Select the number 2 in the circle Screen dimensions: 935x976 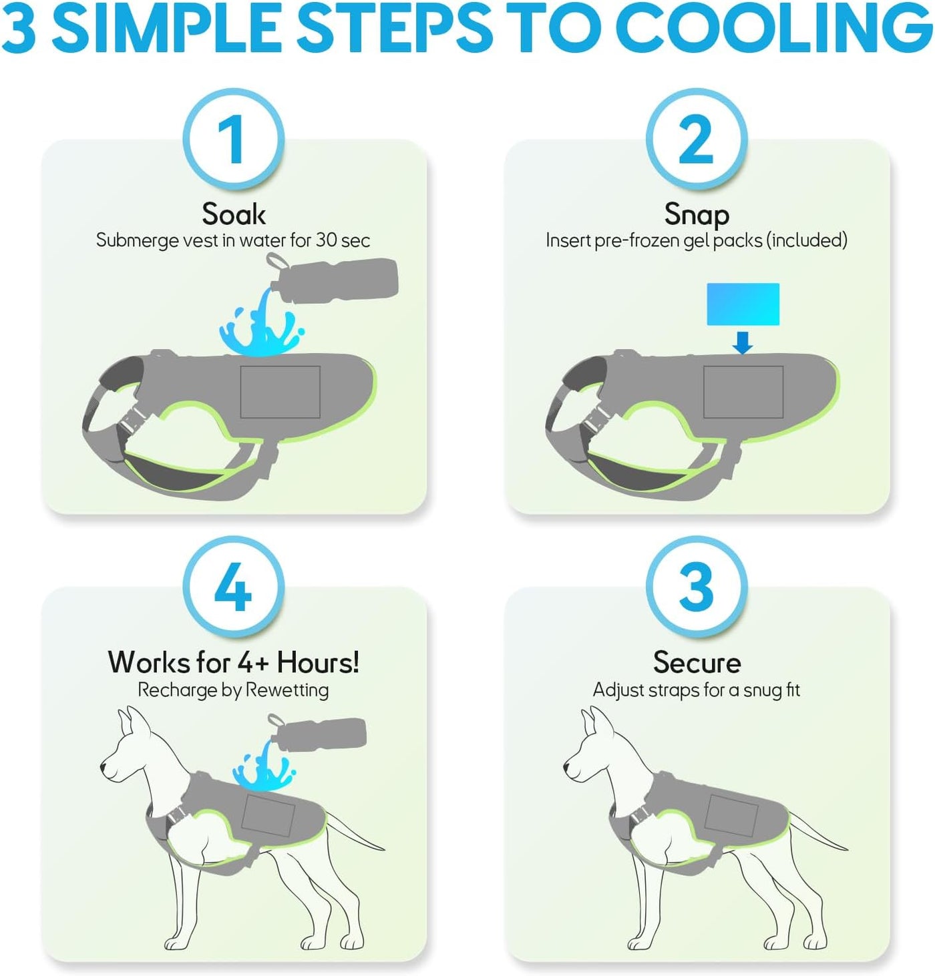(696, 140)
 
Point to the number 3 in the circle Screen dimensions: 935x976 (696, 586)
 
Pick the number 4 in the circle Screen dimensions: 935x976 (232, 586)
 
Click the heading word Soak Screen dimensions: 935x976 (233, 214)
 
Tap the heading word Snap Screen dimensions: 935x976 (697, 216)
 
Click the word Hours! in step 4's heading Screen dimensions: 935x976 (318, 662)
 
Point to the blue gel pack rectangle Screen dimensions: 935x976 (743, 304)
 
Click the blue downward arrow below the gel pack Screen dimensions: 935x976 (742, 342)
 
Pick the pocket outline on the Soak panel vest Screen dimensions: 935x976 (280, 392)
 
